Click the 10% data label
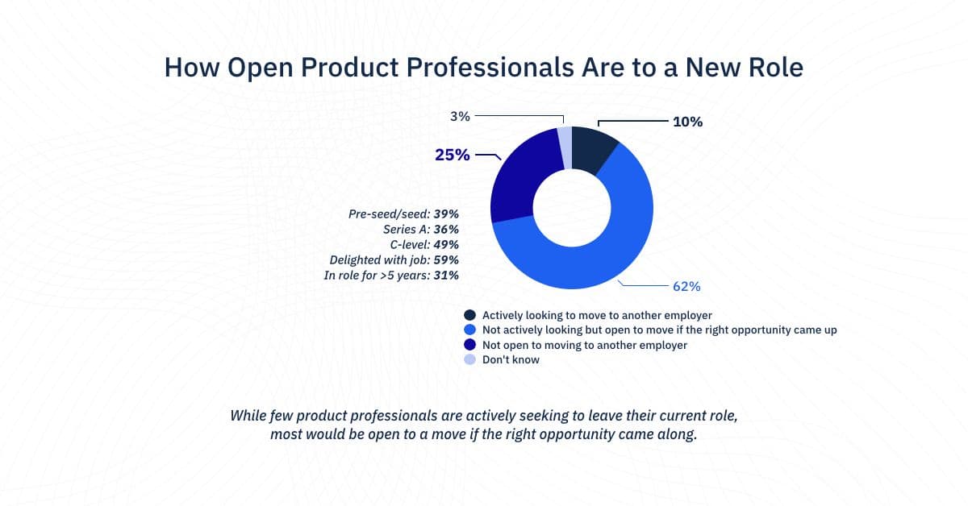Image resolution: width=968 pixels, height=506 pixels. [687, 122]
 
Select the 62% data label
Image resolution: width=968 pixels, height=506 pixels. [686, 286]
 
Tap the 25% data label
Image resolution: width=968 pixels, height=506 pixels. [452, 155]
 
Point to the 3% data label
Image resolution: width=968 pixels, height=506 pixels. [460, 116]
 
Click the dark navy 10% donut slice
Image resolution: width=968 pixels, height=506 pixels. [595, 150]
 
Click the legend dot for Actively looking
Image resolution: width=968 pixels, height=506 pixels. [469, 315]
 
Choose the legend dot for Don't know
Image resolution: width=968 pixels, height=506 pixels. [469, 360]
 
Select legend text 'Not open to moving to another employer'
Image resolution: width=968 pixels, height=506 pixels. [584, 345]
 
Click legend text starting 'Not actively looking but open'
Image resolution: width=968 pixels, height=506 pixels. [659, 330]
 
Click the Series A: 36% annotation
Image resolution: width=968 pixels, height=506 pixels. [420, 230]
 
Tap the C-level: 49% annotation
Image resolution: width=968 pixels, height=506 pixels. [424, 245]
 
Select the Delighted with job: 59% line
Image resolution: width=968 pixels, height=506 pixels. [394, 260]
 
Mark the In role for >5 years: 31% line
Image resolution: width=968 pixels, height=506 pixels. [391, 276]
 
